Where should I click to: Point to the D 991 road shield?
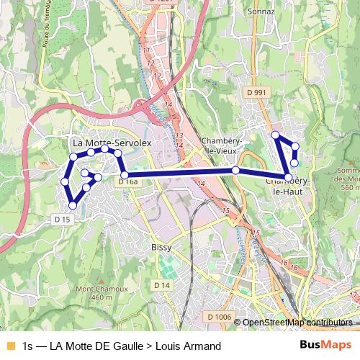click(256, 92)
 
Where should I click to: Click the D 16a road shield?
click(127, 183)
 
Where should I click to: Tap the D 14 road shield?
click(165, 286)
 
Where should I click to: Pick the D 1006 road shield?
click(218, 317)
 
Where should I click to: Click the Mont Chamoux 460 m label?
click(94, 293)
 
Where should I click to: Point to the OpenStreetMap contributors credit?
click(297, 323)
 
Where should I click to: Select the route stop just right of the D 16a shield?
click(124, 175)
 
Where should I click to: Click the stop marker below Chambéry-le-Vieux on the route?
click(235, 170)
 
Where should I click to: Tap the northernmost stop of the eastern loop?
click(274, 135)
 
